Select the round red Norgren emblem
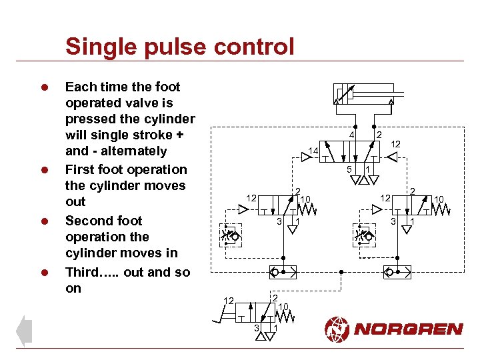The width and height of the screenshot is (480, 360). [337, 329]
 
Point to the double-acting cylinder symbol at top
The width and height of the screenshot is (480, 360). [364, 95]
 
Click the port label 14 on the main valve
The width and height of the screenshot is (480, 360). [313, 151]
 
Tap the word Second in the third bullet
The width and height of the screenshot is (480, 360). [90, 221]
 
